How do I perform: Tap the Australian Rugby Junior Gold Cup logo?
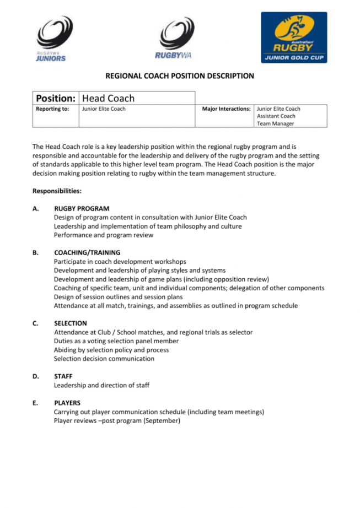(x=293, y=37)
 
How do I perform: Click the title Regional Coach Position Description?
(x=180, y=76)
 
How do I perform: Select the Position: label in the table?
(x=56, y=98)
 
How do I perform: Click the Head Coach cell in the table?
(x=108, y=98)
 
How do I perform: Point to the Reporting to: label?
(x=52, y=109)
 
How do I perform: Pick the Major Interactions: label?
(x=227, y=109)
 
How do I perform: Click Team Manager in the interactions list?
(x=275, y=123)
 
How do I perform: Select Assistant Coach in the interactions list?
(x=276, y=116)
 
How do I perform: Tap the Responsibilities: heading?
(x=57, y=191)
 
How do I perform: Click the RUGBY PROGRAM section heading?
(x=82, y=209)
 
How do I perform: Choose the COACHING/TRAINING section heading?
(x=87, y=253)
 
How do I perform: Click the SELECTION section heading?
(x=71, y=323)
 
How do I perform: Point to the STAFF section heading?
(x=63, y=376)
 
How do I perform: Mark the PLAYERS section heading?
(x=67, y=403)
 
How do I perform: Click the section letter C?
(x=35, y=323)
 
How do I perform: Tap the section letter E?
(x=35, y=403)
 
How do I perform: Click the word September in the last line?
(x=163, y=420)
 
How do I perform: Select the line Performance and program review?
(x=104, y=235)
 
